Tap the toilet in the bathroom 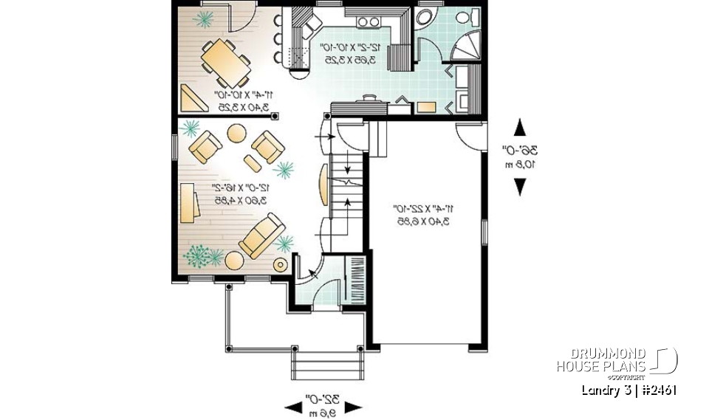pos(464,18)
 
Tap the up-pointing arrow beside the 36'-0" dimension pos(520,127)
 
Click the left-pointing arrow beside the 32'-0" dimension pos(295,405)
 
